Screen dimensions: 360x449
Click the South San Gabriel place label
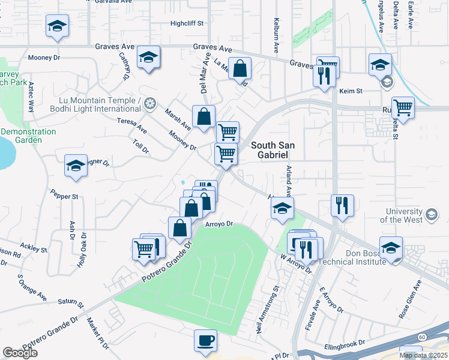274,150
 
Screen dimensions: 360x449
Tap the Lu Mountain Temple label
100,104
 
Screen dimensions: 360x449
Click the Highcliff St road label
187,24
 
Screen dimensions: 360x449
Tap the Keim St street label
351,91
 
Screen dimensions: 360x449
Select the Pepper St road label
65,196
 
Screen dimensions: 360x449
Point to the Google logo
20,353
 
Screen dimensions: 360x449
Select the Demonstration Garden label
29,136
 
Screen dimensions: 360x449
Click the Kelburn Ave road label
277,37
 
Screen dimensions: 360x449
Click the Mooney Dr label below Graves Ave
44,58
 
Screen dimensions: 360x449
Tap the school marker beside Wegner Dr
76,166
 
